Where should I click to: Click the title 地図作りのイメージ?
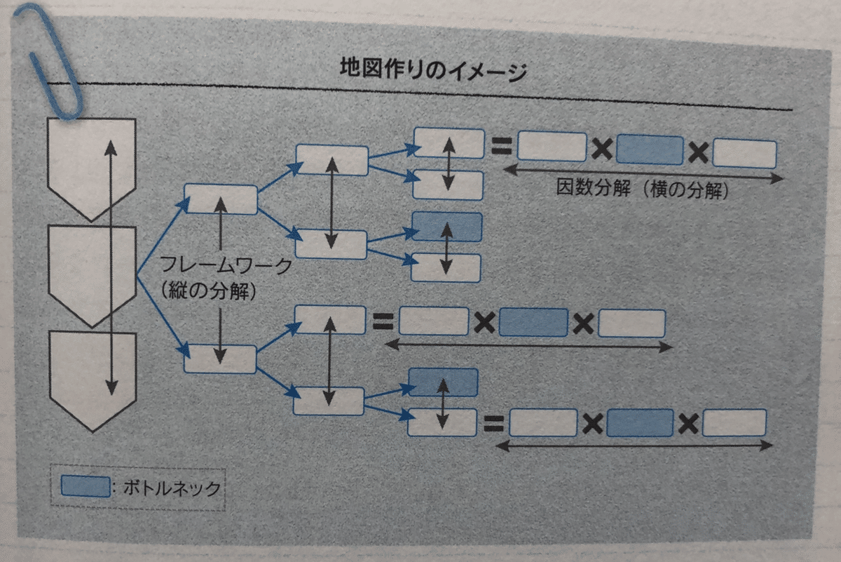[x=434, y=70]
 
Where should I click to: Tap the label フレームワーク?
[x=226, y=265]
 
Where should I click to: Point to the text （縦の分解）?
[x=209, y=291]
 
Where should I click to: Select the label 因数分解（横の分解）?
[x=643, y=189]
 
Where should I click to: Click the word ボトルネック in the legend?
[x=172, y=488]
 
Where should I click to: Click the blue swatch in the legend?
[x=86, y=486]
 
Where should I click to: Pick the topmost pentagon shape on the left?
[x=91, y=169]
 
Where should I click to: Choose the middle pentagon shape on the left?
[x=92, y=276]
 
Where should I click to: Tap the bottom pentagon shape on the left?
[x=93, y=381]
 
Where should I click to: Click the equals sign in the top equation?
[x=502, y=146]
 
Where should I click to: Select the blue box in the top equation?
[x=650, y=150]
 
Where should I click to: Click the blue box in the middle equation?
[x=533, y=322]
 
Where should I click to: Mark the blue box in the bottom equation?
[x=640, y=423]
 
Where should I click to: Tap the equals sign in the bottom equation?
[x=493, y=424]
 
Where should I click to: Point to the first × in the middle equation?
[x=484, y=323]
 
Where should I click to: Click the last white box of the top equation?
[x=744, y=154]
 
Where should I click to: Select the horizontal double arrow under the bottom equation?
[x=634, y=446]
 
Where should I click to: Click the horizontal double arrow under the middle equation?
[x=528, y=345]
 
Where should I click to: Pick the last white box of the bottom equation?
[x=734, y=423]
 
